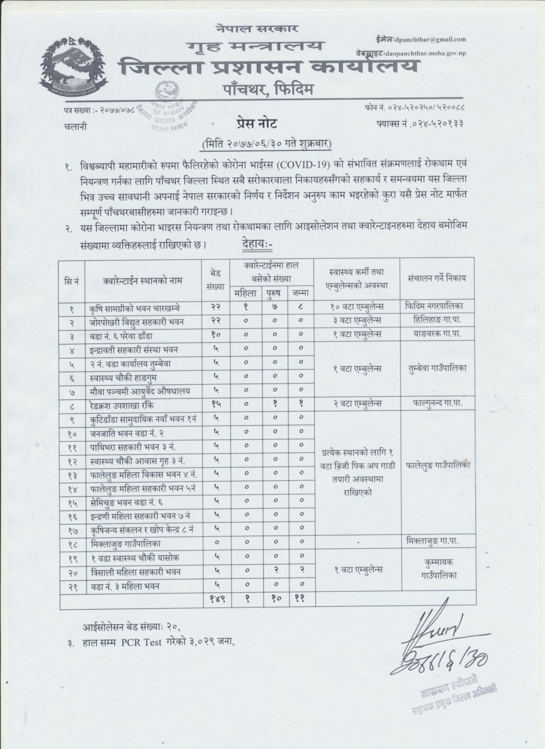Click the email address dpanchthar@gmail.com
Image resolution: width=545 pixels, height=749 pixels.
point(429,39)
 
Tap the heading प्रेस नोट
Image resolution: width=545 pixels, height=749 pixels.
point(257,123)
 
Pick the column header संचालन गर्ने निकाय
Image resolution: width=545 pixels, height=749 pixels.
point(437,278)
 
